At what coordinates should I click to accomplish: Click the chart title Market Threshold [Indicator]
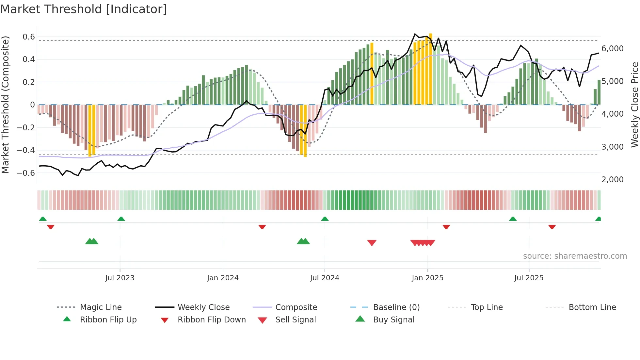84,9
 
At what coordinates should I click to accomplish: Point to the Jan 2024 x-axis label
223,278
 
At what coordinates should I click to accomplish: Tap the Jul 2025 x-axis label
529,278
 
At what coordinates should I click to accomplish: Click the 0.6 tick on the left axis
29,37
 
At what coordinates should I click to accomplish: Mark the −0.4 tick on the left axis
26,150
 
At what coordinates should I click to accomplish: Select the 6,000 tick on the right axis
612,49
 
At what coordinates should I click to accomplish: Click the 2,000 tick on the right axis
612,179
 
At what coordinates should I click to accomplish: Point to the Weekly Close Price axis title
634,105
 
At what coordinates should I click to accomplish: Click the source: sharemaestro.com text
575,256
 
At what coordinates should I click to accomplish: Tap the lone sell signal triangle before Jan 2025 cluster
372,243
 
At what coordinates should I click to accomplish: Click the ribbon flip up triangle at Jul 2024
325,219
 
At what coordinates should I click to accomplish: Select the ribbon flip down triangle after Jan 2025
446,227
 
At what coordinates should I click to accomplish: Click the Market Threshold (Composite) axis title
5,105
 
